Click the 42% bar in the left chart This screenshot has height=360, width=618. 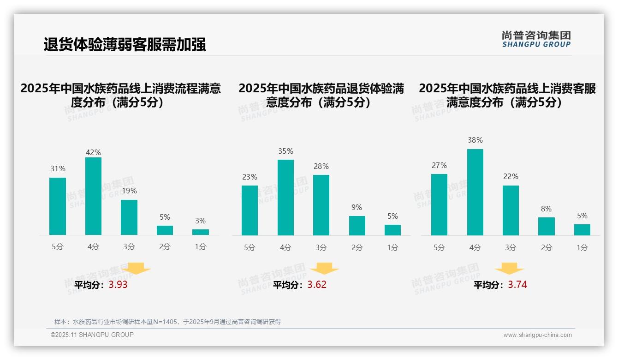pyautogui.click(x=93, y=196)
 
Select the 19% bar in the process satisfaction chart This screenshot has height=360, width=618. pyautogui.click(x=129, y=217)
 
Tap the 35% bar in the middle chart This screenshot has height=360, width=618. pyautogui.click(x=285, y=198)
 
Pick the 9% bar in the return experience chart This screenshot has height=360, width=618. pyautogui.click(x=357, y=226)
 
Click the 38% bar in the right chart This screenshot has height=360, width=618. pyautogui.click(x=475, y=192)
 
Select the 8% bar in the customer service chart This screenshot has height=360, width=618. pyautogui.click(x=547, y=226)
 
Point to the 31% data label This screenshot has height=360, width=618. pyautogui.click(x=58, y=169)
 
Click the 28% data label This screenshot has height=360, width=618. pyautogui.click(x=321, y=166)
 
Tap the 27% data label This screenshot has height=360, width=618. pyautogui.click(x=439, y=165)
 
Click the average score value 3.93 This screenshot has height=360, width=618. pyautogui.click(x=118, y=285)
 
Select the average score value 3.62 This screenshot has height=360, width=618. pyautogui.click(x=317, y=285)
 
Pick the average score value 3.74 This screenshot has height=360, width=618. pyautogui.click(x=517, y=285)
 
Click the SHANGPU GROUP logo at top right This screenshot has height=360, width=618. pyautogui.click(x=536, y=39)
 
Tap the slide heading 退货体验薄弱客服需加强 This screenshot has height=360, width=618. pyautogui.click(x=125, y=44)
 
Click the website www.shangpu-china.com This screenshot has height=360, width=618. pyautogui.click(x=537, y=335)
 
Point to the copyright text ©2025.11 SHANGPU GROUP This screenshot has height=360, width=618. pyautogui.click(x=92, y=335)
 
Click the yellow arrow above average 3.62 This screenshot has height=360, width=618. pyautogui.click(x=324, y=269)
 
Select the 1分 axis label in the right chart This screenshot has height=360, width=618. pyautogui.click(x=582, y=247)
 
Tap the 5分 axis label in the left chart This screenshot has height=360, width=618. pyautogui.click(x=58, y=247)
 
